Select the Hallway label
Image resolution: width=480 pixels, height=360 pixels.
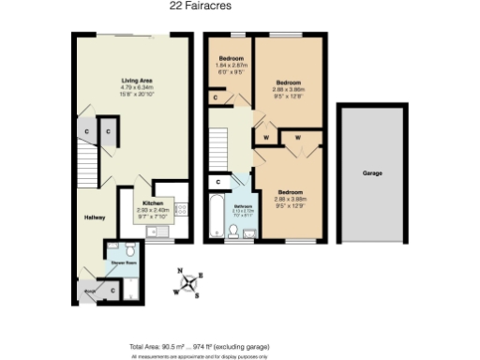(x=94, y=217)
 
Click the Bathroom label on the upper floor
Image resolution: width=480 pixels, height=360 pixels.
(x=243, y=208)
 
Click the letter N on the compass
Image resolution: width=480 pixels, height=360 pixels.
(x=180, y=271)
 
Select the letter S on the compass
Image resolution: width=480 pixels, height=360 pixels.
(x=197, y=295)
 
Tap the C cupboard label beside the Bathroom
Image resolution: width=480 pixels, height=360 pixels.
(x=217, y=181)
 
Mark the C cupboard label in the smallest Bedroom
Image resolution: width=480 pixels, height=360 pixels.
(x=217, y=97)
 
